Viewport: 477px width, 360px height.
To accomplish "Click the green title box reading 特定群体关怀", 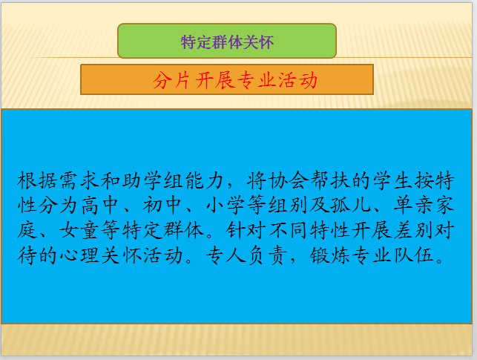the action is pyautogui.click(x=227, y=41).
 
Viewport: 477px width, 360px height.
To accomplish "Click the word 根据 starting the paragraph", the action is pyautogui.click(x=38, y=180).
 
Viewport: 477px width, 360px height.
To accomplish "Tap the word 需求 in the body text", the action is pyautogui.click(x=80, y=180).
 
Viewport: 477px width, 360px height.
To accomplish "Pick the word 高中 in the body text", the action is pyautogui.click(x=101, y=205).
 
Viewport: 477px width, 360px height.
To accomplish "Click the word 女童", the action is pyautogui.click(x=80, y=230).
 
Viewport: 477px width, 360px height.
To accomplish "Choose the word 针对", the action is pyautogui.click(x=246, y=230).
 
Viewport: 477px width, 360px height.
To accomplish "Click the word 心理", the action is pyautogui.click(x=80, y=255).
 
